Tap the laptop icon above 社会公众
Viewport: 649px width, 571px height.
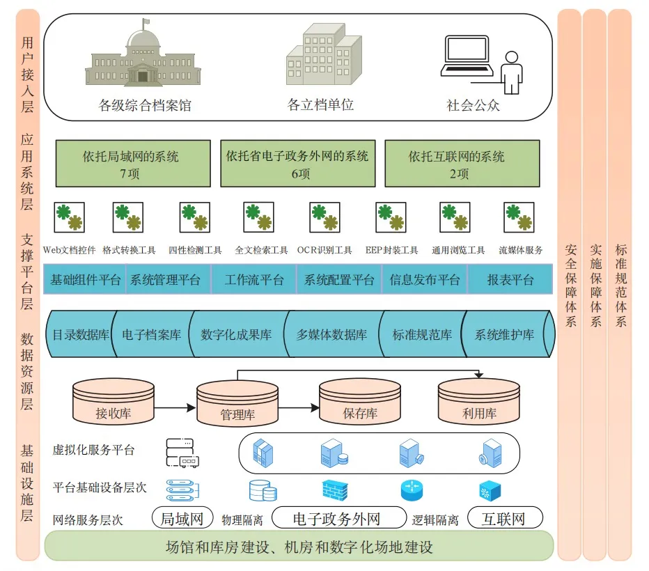[x=467, y=56]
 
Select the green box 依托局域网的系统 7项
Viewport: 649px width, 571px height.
[x=133, y=164]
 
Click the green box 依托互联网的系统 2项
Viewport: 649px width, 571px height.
[x=462, y=164]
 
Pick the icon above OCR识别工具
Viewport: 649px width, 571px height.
[x=325, y=217]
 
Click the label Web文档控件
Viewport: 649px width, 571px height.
[x=69, y=250]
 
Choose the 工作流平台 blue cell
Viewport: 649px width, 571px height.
[x=253, y=280]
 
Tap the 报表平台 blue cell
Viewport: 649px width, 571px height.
[x=510, y=280]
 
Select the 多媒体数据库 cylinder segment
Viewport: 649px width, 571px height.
[x=331, y=334]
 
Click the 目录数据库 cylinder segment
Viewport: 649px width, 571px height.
[x=80, y=334]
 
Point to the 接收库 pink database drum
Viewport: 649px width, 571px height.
[x=114, y=400]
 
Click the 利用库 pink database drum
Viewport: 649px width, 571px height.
[x=479, y=401]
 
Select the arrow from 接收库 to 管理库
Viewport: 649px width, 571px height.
[x=175, y=408]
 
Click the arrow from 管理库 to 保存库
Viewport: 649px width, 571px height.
[x=299, y=408]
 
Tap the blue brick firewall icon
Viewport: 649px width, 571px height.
[x=335, y=490]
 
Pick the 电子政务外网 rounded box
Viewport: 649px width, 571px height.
[x=339, y=517]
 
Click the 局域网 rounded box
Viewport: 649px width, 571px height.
[x=182, y=517]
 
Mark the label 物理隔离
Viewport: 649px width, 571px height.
[x=242, y=519]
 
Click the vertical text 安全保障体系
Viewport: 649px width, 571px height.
[x=571, y=285]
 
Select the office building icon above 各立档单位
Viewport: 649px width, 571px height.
[x=324, y=54]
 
